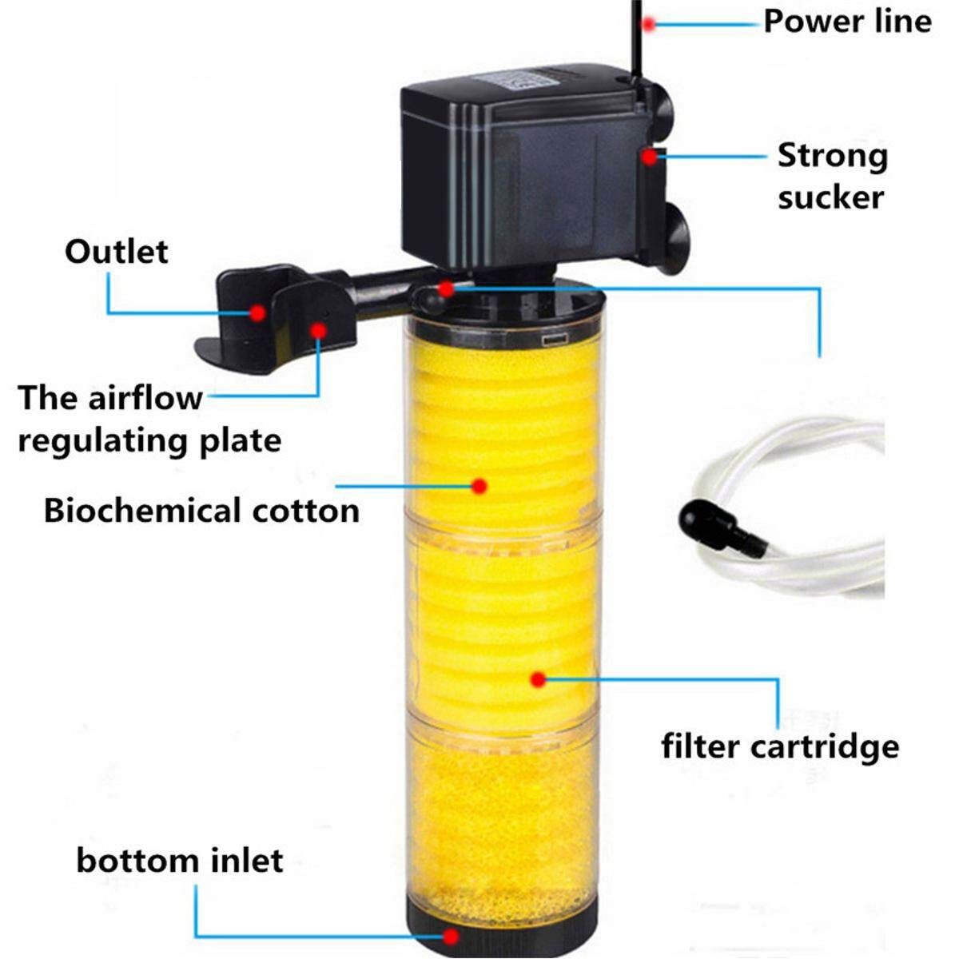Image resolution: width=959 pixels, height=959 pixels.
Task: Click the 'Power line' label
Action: pyautogui.click(x=847, y=22)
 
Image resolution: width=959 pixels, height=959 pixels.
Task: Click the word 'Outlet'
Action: pyautogui.click(x=117, y=252)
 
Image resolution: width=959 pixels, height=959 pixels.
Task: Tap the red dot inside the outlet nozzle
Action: pyautogui.click(x=257, y=312)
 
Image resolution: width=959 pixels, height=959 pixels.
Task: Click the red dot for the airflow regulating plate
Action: pyautogui.click(x=319, y=329)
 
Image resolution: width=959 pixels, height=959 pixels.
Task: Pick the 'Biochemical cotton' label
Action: pyautogui.click(x=201, y=510)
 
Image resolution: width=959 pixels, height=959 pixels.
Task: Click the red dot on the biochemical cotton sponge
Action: pyautogui.click(x=479, y=484)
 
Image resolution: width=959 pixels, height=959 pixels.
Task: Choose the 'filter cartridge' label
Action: pyautogui.click(x=780, y=746)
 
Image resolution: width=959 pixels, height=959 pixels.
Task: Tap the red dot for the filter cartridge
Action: pyautogui.click(x=538, y=679)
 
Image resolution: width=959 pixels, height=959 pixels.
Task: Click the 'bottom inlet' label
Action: pyautogui.click(x=180, y=861)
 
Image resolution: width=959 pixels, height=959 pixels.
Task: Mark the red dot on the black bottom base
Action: pyautogui.click(x=452, y=937)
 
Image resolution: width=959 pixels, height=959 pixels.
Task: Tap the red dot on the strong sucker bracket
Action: pyautogui.click(x=651, y=156)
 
